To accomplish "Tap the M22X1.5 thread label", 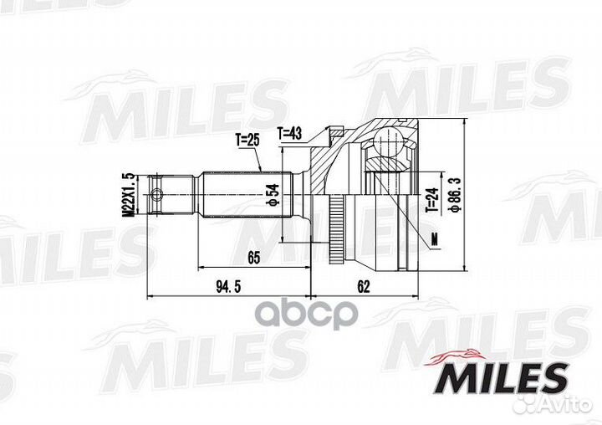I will [128, 194].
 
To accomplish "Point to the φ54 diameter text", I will [273, 198].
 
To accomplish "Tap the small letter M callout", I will [435, 241].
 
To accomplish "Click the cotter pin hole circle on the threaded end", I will [156, 198].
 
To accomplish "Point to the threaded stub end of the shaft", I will [172, 198].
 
